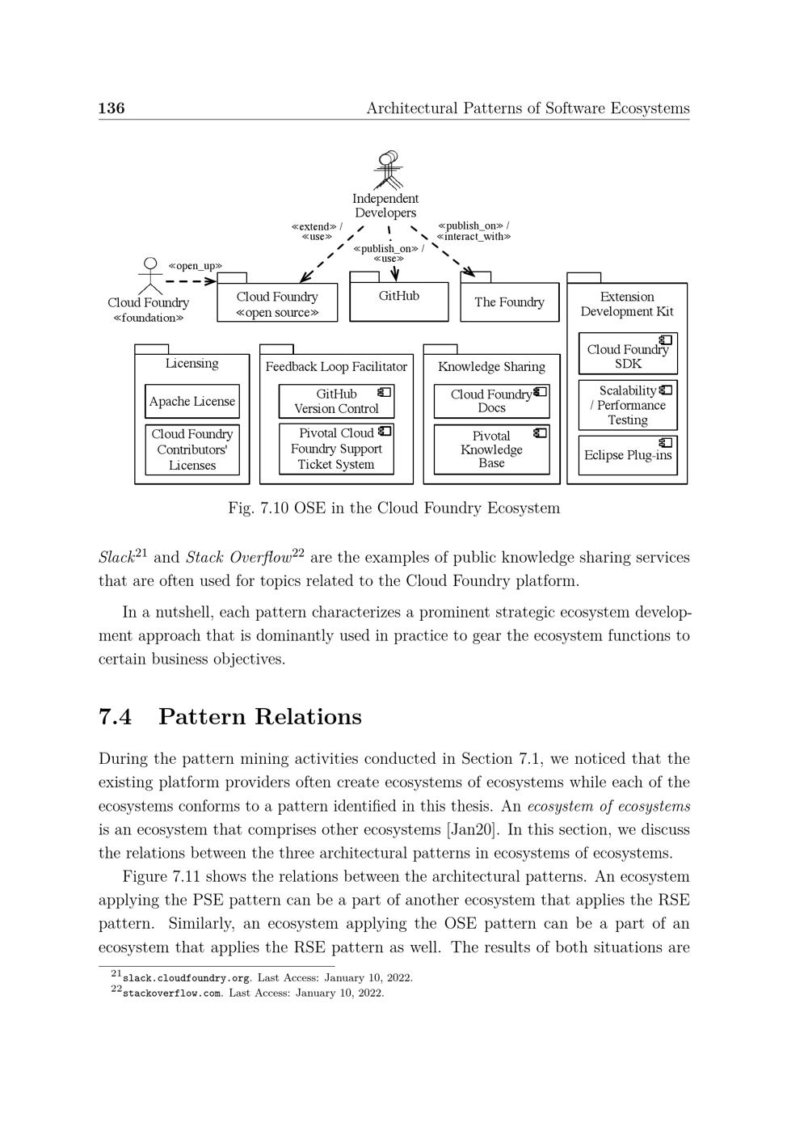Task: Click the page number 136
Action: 112,108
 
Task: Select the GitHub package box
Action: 398,301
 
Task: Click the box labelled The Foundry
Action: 509,302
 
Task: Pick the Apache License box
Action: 192,402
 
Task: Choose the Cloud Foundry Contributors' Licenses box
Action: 192,449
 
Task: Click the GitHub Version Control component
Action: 336,401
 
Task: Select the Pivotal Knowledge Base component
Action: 491,449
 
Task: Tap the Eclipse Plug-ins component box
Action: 628,455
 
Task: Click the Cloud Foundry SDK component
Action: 628,356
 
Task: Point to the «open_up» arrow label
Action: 195,266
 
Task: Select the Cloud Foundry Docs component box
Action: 491,401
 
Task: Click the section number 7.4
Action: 115,717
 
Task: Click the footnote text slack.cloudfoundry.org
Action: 186,978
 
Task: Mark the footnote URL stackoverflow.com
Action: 172,993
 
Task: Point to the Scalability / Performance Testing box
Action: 628,405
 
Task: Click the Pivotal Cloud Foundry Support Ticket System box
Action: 336,449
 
